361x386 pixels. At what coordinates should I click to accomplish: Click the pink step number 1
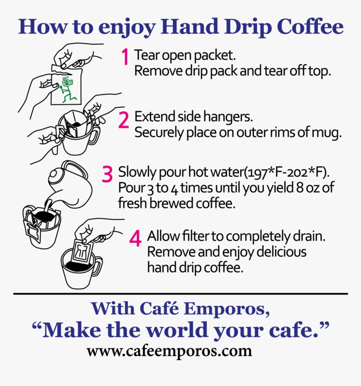[125, 57]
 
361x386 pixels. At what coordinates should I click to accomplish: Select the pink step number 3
[107, 174]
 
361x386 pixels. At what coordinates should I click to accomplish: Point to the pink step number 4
[135, 239]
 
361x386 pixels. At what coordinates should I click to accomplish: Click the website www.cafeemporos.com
[169, 350]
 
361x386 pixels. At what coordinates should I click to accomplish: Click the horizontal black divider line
[180, 294]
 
